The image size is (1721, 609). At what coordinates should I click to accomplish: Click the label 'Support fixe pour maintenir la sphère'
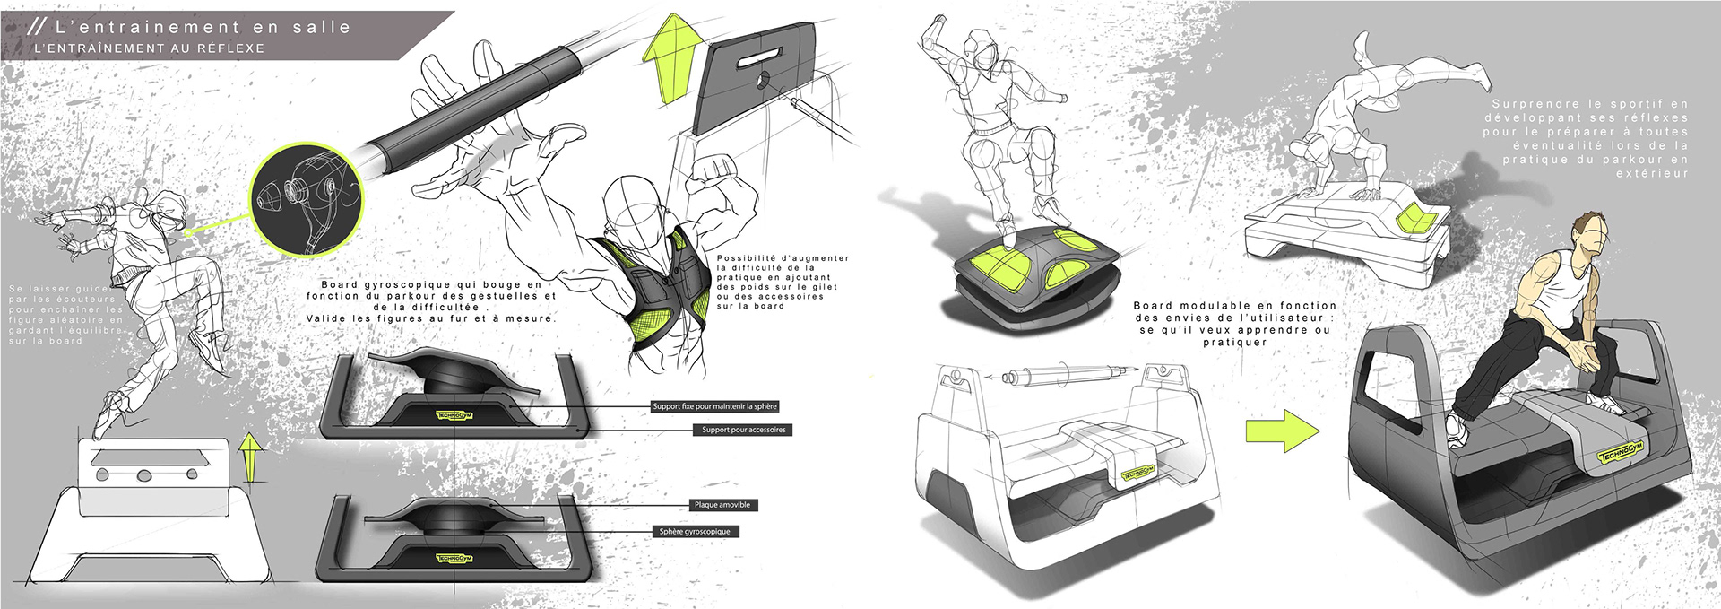coord(714,406)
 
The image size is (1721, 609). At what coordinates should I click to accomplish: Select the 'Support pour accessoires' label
coord(743,430)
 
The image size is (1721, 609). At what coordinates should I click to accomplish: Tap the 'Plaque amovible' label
coord(722,505)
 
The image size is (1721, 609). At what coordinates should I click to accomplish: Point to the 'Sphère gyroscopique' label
coord(695,532)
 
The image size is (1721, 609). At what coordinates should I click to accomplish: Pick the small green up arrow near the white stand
coord(252,456)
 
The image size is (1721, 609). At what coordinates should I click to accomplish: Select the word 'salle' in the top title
coord(322,28)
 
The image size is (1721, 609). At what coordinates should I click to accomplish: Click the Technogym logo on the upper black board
coord(454,414)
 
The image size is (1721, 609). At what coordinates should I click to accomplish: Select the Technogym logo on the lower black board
coord(454,559)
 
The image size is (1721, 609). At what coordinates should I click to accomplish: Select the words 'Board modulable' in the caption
coord(1185,306)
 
